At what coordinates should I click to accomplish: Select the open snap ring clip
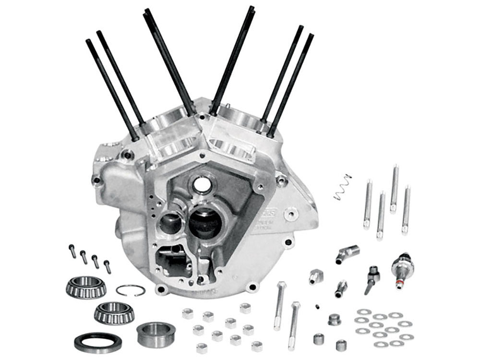click(x=131, y=290)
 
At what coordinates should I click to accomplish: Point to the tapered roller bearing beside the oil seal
click(x=114, y=313)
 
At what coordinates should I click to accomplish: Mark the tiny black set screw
click(x=317, y=306)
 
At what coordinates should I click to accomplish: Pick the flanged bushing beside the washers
click(x=334, y=319)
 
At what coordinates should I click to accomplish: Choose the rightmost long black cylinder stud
click(x=291, y=84)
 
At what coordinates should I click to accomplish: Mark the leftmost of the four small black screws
click(x=72, y=251)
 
